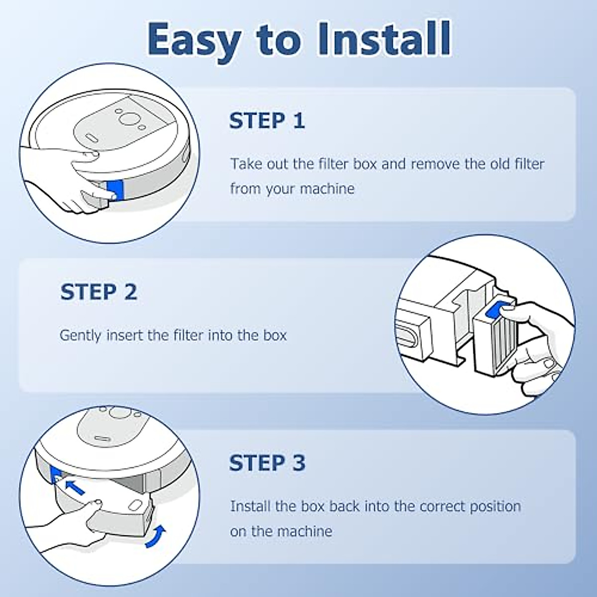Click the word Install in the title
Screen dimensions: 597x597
pyautogui.click(x=383, y=38)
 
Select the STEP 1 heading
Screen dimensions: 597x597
pyautogui.click(x=267, y=120)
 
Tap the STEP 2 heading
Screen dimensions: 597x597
pyautogui.click(x=99, y=292)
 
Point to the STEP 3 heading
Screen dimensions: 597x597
pyautogui.click(x=267, y=463)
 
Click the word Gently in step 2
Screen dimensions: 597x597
pyautogui.click(x=80, y=336)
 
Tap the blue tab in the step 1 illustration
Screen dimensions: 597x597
pyautogui.click(x=115, y=191)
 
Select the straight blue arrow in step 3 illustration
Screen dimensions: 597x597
pyautogui.click(x=75, y=488)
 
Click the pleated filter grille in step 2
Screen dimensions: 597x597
pyautogui.click(x=503, y=343)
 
